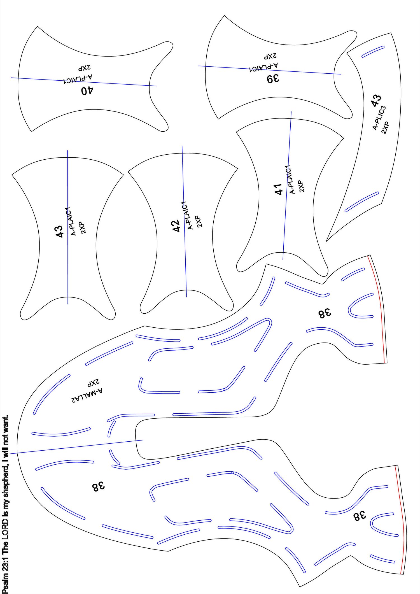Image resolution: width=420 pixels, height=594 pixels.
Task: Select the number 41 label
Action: click(279, 189)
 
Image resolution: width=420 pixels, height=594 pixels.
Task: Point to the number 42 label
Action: click(176, 226)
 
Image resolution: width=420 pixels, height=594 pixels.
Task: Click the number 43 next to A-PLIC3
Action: click(376, 101)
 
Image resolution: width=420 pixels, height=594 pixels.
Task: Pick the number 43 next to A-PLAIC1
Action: click(59, 232)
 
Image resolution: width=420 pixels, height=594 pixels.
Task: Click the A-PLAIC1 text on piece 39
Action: click(263, 67)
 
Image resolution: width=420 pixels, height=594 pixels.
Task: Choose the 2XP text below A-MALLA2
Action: click(93, 382)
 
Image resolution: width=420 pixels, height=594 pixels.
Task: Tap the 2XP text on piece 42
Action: click(198, 221)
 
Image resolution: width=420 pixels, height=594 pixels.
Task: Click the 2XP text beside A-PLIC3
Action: click(385, 128)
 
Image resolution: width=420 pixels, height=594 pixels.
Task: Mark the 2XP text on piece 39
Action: click(270, 56)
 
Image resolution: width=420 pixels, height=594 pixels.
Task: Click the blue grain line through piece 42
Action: click(184, 222)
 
